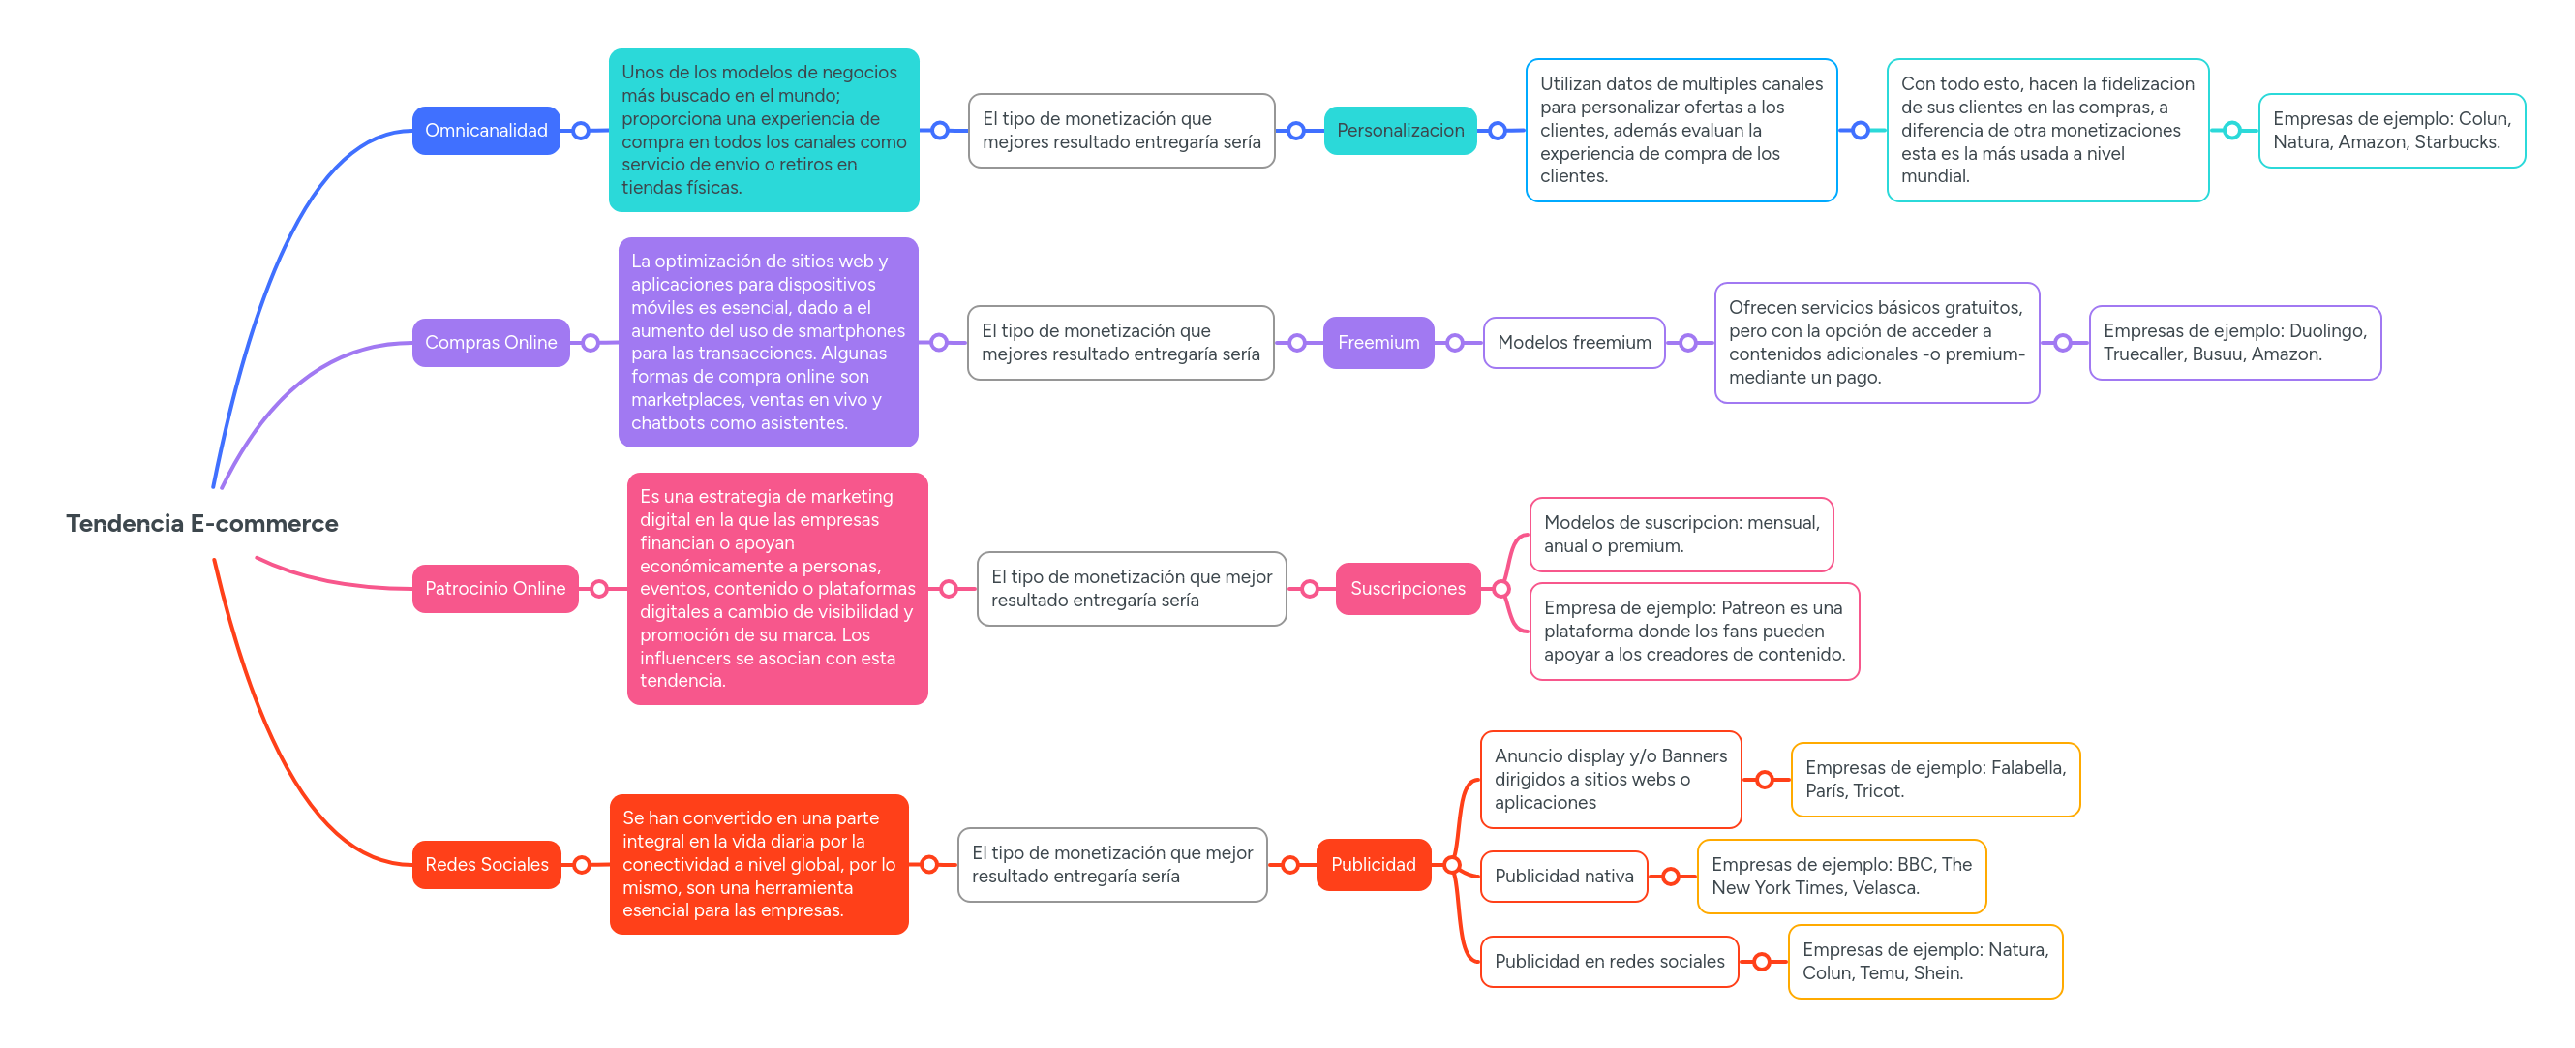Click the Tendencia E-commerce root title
[x=202, y=523]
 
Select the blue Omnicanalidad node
[x=486, y=130]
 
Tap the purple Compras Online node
[x=491, y=342]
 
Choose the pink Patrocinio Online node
[x=495, y=588]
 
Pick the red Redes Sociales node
[x=486, y=864]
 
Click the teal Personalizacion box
[x=1400, y=130]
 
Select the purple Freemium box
[x=1378, y=342]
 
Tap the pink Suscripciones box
[x=1407, y=588]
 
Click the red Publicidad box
[x=1373, y=864]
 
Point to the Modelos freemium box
[x=1573, y=342]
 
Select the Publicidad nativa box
[x=1563, y=876]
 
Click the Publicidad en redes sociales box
[x=1608, y=961]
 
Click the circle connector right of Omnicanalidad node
[x=581, y=130]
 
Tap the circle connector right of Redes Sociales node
[x=582, y=864]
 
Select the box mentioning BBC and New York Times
[x=1840, y=876]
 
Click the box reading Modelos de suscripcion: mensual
[x=1681, y=534]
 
